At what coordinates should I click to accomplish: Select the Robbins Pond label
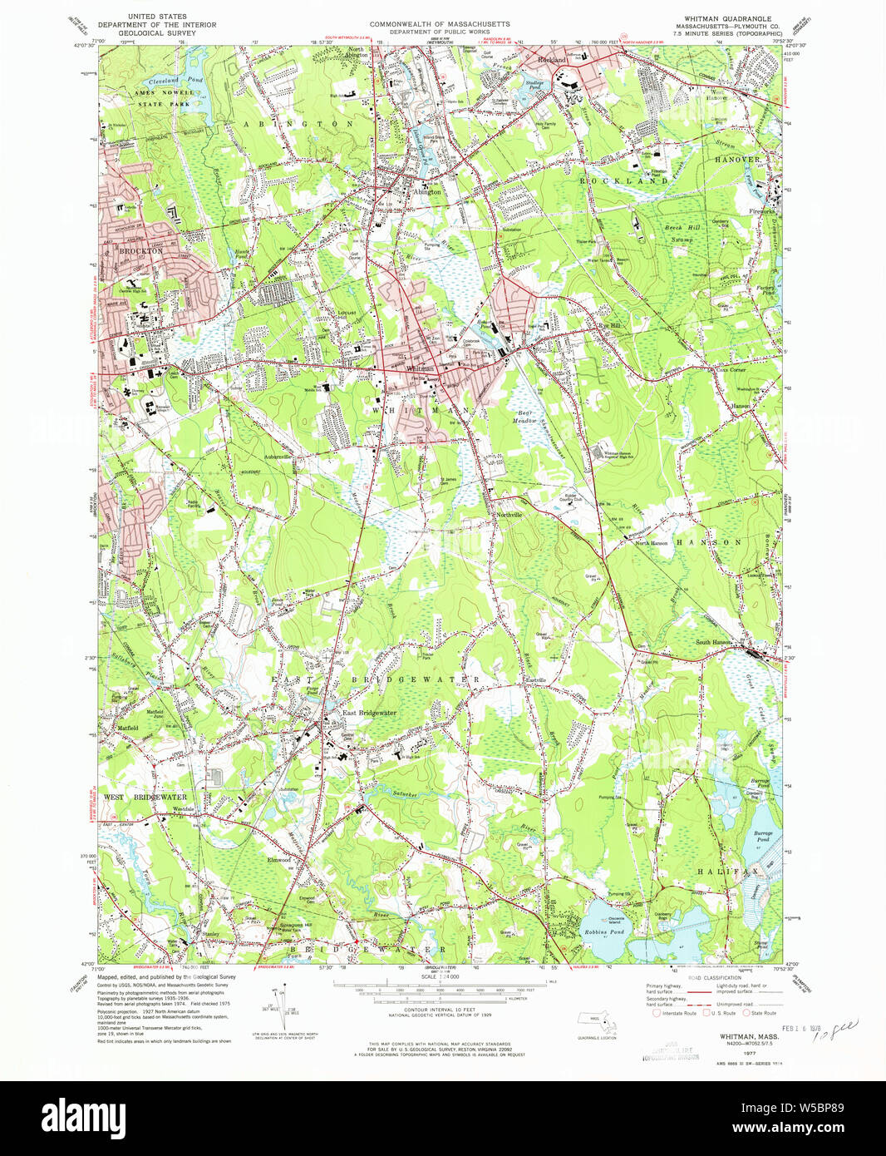604,932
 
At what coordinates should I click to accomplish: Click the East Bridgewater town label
370,713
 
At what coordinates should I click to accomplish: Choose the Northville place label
509,515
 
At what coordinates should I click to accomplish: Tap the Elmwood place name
278,859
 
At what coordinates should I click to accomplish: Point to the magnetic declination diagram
279,1005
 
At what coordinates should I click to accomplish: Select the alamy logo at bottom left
79,1117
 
